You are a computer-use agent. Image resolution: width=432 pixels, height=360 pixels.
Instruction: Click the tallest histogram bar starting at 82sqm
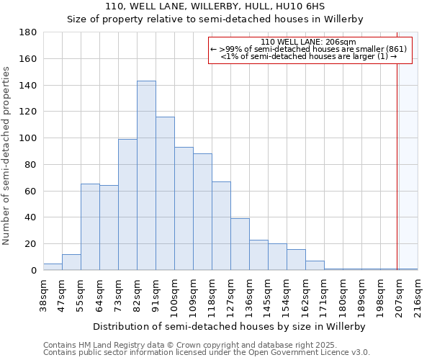point(146,176)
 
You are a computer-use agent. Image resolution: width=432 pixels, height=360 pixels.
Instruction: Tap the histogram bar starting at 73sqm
point(127,204)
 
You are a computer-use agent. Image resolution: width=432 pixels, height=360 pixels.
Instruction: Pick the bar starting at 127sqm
point(240,244)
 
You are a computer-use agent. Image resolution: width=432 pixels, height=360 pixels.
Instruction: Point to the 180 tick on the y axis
point(29,32)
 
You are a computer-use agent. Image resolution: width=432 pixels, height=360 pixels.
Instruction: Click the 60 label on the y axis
point(32,191)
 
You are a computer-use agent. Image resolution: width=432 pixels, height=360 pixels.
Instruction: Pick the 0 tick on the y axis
point(35,270)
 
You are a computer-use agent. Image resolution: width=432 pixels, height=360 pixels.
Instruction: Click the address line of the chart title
point(215,6)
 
